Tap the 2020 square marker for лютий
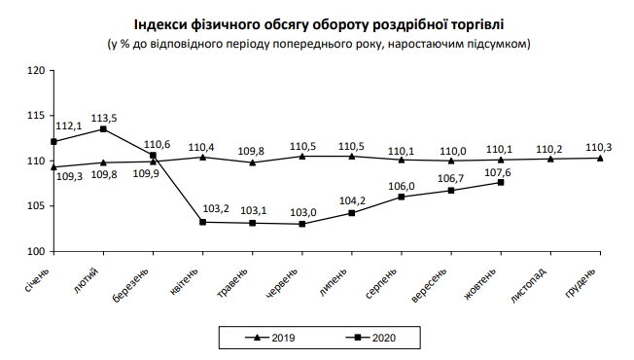click(103, 129)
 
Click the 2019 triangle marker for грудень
click(600, 158)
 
